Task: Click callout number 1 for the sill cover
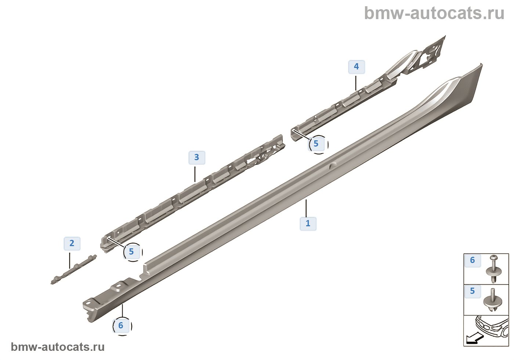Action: coord(308,224)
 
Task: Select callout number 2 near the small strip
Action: coord(72,243)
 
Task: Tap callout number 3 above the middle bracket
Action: coord(197,158)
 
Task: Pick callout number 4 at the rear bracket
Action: coord(356,67)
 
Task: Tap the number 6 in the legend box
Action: coord(473,260)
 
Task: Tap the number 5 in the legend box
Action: coord(473,291)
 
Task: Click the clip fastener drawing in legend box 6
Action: coord(493,271)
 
